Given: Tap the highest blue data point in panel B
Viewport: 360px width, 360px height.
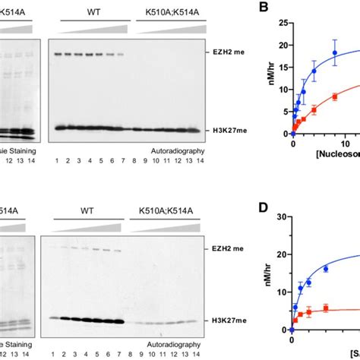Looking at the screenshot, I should coord(334,53).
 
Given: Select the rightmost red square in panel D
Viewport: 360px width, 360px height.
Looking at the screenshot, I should coord(326,308).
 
